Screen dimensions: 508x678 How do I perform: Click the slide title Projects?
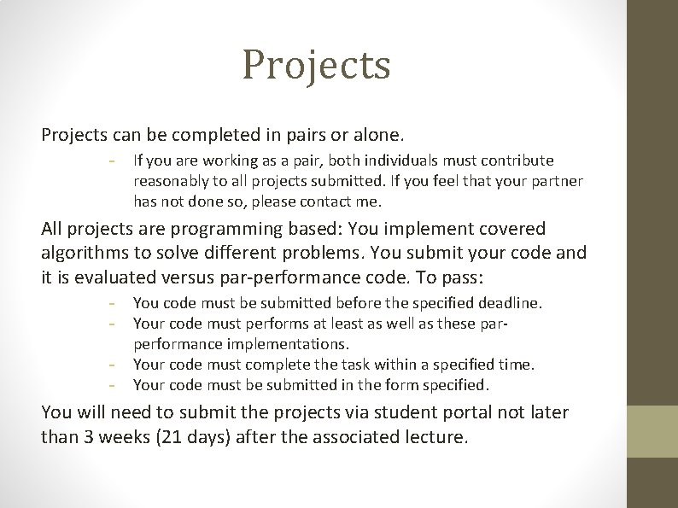(316, 65)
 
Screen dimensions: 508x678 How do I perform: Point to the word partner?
(553, 181)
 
